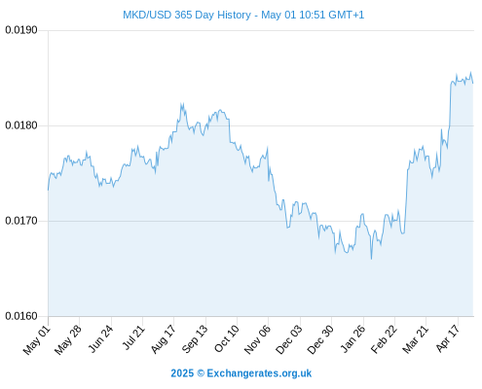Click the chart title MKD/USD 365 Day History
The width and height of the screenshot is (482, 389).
tap(187, 15)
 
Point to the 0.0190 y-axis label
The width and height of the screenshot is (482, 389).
tap(21, 30)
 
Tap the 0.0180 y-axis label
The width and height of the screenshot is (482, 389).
tap(21, 125)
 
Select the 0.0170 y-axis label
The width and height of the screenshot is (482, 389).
tap(21, 221)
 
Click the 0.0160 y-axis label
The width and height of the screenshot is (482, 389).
tap(21, 316)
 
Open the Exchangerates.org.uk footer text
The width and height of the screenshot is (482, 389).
tap(259, 373)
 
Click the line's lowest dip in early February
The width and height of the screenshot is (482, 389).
tap(371, 259)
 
